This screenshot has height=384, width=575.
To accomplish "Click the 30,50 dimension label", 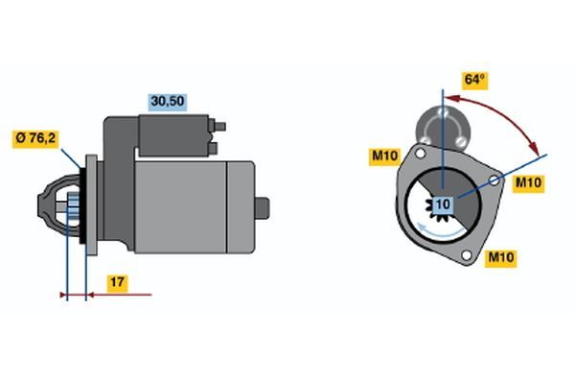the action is (x=168, y=102).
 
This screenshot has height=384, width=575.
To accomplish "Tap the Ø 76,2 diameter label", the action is (x=35, y=139).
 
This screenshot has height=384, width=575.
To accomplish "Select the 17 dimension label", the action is (x=117, y=283).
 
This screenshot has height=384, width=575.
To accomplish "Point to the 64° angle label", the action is (x=475, y=80).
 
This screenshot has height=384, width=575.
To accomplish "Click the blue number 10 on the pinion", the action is (x=443, y=204).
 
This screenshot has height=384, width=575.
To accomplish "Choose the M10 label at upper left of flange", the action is (x=384, y=156).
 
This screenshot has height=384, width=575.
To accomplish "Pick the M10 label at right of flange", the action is (x=528, y=182).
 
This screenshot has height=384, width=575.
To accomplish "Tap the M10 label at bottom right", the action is (x=500, y=257).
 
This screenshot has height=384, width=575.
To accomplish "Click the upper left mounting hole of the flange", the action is (x=421, y=154).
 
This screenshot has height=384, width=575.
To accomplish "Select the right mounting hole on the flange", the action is (x=494, y=180).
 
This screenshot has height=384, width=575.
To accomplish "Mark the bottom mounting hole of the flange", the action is (x=467, y=255).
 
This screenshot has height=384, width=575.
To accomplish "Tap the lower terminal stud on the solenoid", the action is (x=213, y=148).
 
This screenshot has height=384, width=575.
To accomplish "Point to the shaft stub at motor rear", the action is (x=262, y=208).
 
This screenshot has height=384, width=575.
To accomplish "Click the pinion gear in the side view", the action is (x=74, y=210).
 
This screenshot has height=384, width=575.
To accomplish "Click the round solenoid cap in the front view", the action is (x=443, y=128).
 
